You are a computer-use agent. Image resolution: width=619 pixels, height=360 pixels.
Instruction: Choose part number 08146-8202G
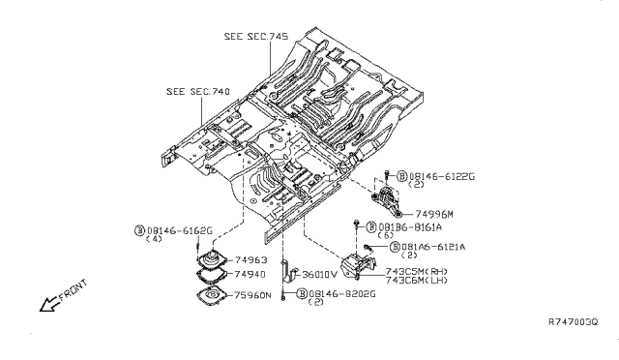pyautogui.click(x=343, y=293)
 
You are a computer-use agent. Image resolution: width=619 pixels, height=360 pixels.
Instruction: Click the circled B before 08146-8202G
pyautogui.click(x=303, y=293)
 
